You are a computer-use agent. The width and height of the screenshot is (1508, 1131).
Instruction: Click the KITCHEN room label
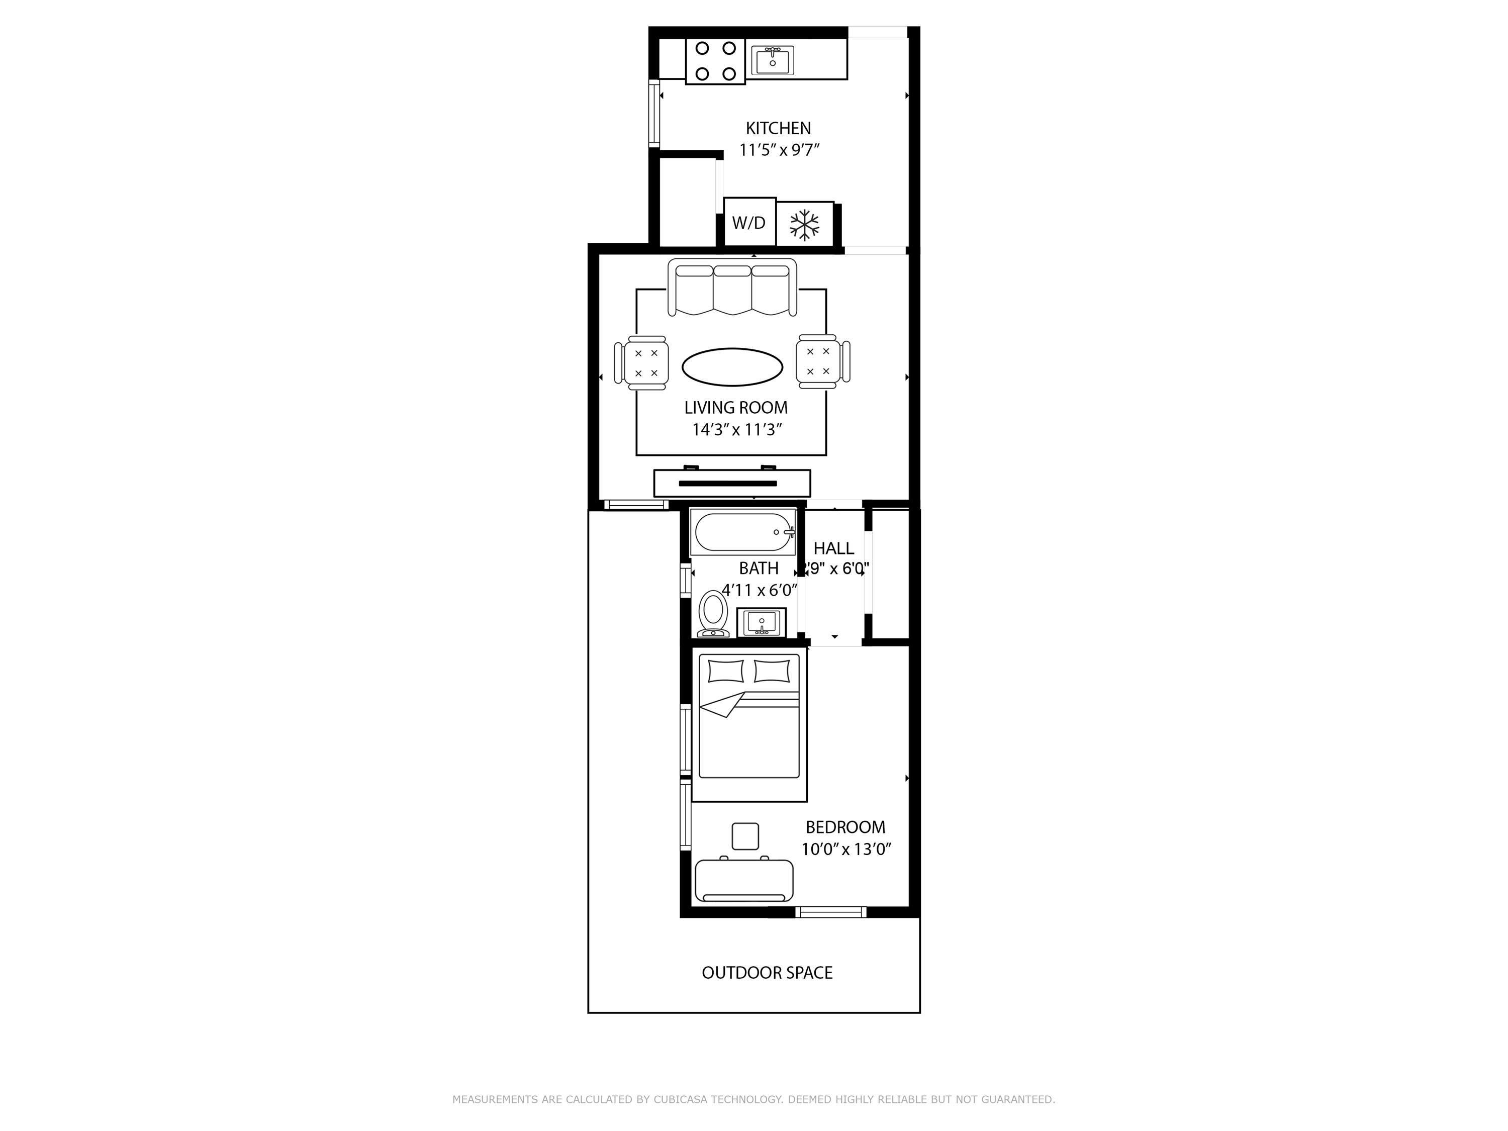778,128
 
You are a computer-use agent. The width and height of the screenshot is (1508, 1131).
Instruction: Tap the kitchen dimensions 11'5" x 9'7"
779,150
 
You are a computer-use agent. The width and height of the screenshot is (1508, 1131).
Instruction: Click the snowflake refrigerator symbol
804,224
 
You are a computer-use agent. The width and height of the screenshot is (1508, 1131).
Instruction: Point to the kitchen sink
773,60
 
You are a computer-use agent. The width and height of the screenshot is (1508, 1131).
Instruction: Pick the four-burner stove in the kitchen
715,61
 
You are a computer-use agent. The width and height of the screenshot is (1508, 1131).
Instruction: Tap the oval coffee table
732,367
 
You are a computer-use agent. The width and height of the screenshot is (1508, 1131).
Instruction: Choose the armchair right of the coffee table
822,361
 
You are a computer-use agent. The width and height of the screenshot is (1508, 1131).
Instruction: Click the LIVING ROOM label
735,408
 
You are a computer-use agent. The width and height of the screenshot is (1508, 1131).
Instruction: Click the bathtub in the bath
742,532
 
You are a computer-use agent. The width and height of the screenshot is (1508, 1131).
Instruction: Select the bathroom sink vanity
761,622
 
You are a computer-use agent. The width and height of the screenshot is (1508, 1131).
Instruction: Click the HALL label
833,548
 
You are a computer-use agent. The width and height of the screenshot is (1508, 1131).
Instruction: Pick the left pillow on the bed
725,671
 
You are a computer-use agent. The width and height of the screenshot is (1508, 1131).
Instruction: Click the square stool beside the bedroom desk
745,836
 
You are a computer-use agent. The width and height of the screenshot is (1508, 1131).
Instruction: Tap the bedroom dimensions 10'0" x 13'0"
846,850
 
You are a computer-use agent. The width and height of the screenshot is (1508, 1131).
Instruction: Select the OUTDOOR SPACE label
767,973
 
